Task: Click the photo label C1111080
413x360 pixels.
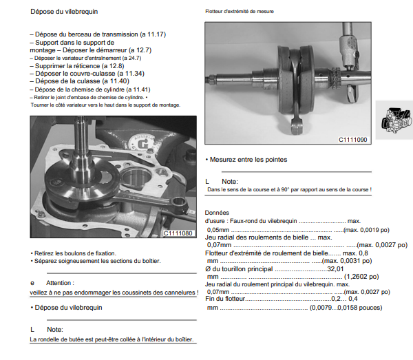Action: click(x=178, y=233)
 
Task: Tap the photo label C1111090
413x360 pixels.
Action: click(x=352, y=140)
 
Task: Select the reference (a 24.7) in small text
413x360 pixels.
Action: click(x=133, y=59)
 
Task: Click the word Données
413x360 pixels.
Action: click(x=217, y=213)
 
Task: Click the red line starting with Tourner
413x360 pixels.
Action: click(x=105, y=105)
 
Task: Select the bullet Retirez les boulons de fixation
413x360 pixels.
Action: click(x=74, y=252)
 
